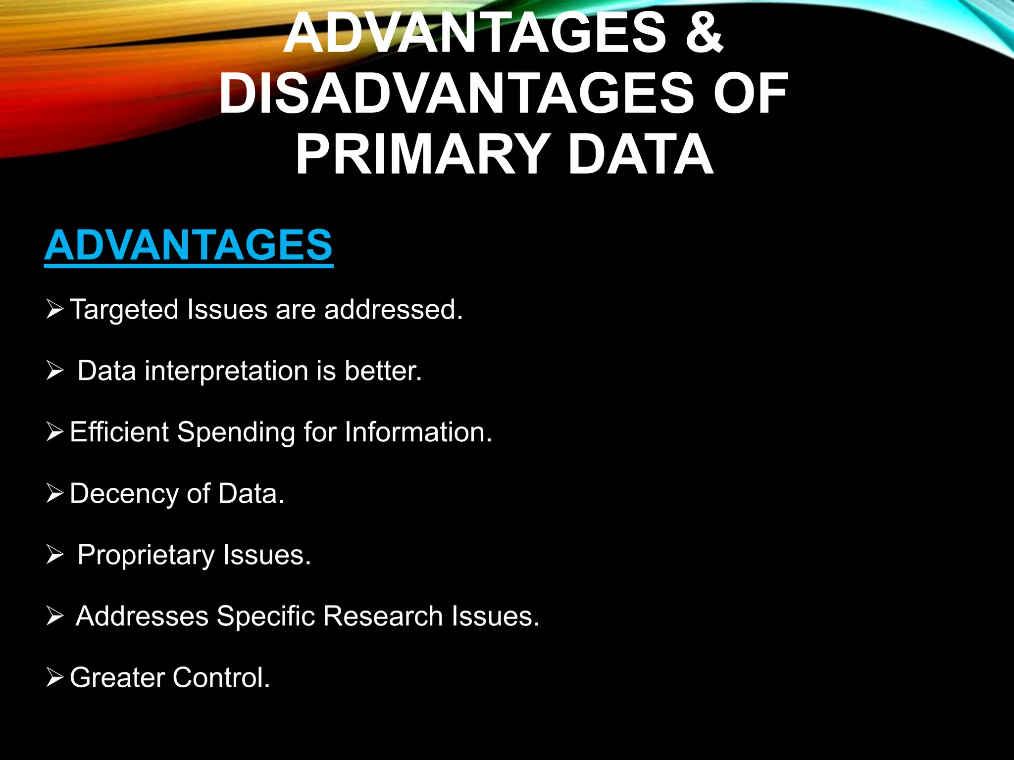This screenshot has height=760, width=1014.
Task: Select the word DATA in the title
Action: pos(641,154)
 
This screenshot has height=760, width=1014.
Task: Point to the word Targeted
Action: pos(124,310)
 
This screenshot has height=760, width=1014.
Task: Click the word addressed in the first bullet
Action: pos(393,310)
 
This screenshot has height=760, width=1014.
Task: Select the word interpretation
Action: pos(226,371)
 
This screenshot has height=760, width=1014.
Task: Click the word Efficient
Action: pos(119,432)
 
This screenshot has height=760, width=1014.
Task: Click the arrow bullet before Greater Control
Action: pos(54,677)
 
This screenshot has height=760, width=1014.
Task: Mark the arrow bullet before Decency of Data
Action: pos(54,493)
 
